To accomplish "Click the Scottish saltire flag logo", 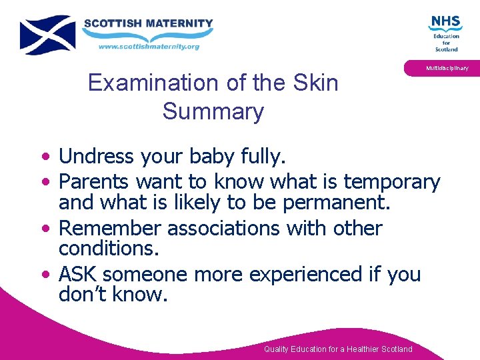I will pyautogui.click(x=47, y=35).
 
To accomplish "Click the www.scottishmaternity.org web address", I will pyautogui.click(x=149, y=47).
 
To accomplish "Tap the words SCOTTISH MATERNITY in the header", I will pyautogui.click(x=148, y=23).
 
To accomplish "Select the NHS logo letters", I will pyautogui.click(x=445, y=23).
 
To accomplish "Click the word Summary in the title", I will pyautogui.click(x=213, y=111).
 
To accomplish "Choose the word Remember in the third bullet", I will pyautogui.click(x=111, y=229).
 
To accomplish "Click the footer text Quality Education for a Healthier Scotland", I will pyautogui.click(x=338, y=349).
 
